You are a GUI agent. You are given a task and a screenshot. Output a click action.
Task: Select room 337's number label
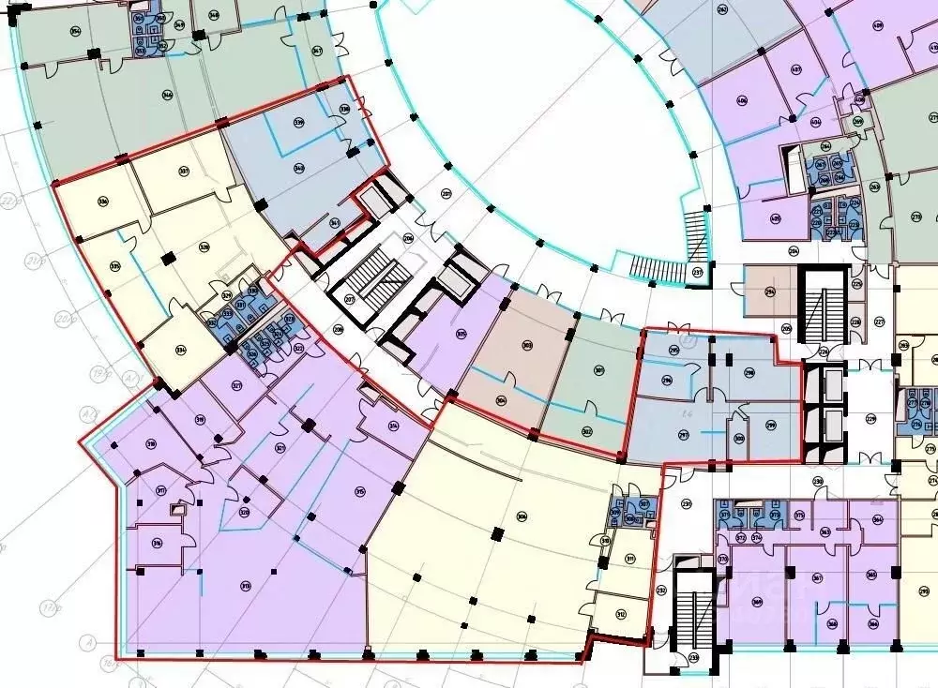point(184,171)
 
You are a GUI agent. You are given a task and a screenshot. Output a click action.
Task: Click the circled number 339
point(299,123)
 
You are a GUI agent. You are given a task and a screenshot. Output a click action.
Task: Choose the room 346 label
point(168,95)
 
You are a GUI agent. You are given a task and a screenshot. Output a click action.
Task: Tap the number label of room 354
point(75,30)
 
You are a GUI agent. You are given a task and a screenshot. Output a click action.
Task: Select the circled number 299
point(770,425)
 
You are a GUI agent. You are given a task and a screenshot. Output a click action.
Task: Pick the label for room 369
point(756,602)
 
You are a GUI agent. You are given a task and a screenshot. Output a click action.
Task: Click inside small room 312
point(621,614)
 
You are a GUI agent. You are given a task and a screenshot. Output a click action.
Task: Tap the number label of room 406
point(741,101)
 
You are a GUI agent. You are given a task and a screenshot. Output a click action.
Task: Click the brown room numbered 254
point(769,292)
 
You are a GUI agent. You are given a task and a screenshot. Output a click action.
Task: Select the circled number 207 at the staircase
point(349,300)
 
